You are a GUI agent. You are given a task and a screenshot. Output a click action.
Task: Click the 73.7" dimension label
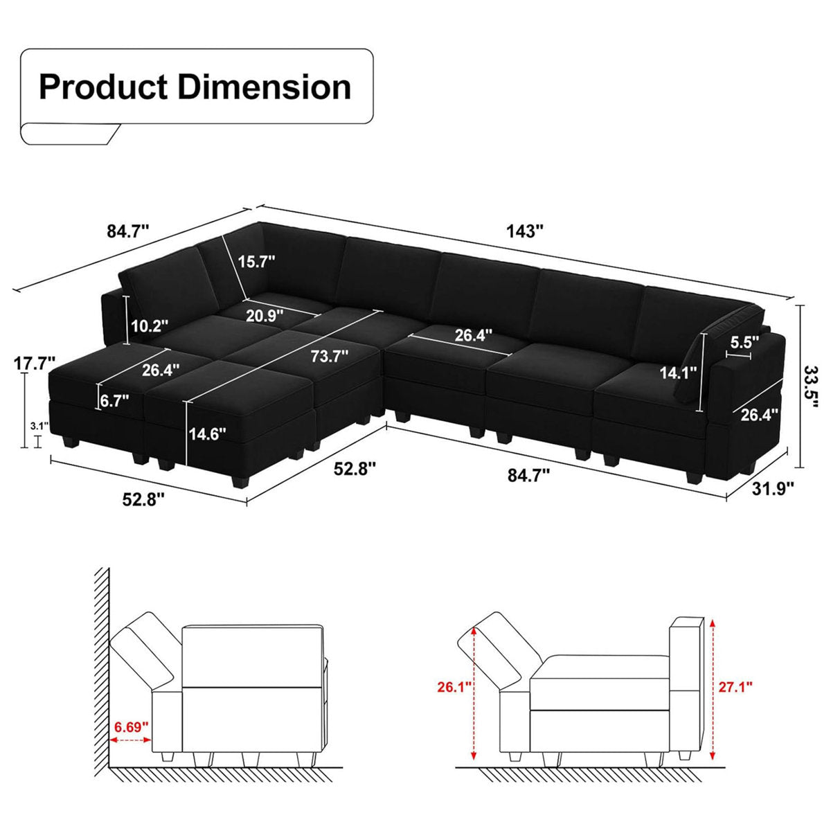pos(330,357)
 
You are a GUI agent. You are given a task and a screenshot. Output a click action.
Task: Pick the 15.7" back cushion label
pos(256,261)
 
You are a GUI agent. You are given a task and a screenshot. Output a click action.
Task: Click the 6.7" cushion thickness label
pos(115,401)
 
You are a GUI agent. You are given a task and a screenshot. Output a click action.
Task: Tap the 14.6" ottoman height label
pos(208,434)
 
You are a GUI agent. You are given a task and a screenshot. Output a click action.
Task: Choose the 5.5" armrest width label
pos(744,341)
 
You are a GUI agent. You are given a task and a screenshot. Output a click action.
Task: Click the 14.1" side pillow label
pos(677,373)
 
